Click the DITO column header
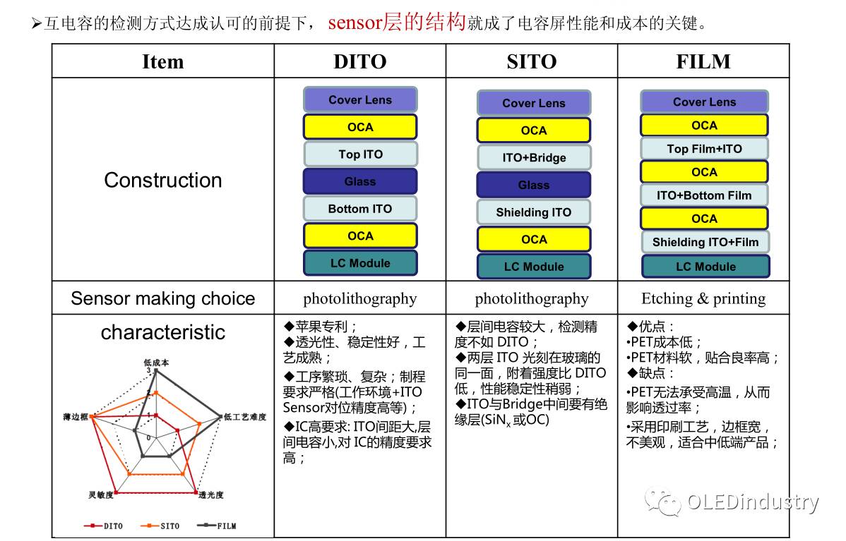click(x=360, y=61)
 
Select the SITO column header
click(x=531, y=61)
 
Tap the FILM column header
click(x=703, y=61)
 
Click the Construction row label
click(x=163, y=180)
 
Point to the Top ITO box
click(x=360, y=154)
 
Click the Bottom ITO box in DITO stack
click(x=360, y=209)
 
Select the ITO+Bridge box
click(x=534, y=157)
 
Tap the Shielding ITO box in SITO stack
click(x=534, y=212)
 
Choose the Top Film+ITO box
click(x=704, y=149)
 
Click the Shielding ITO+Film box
click(x=705, y=242)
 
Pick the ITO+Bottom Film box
click(x=704, y=195)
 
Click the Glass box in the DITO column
click(x=360, y=181)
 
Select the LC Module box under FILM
click(x=705, y=267)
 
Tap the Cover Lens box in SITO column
click(x=534, y=103)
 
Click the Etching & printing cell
click(x=703, y=298)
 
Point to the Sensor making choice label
click(x=163, y=298)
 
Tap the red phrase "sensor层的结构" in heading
click(x=397, y=23)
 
